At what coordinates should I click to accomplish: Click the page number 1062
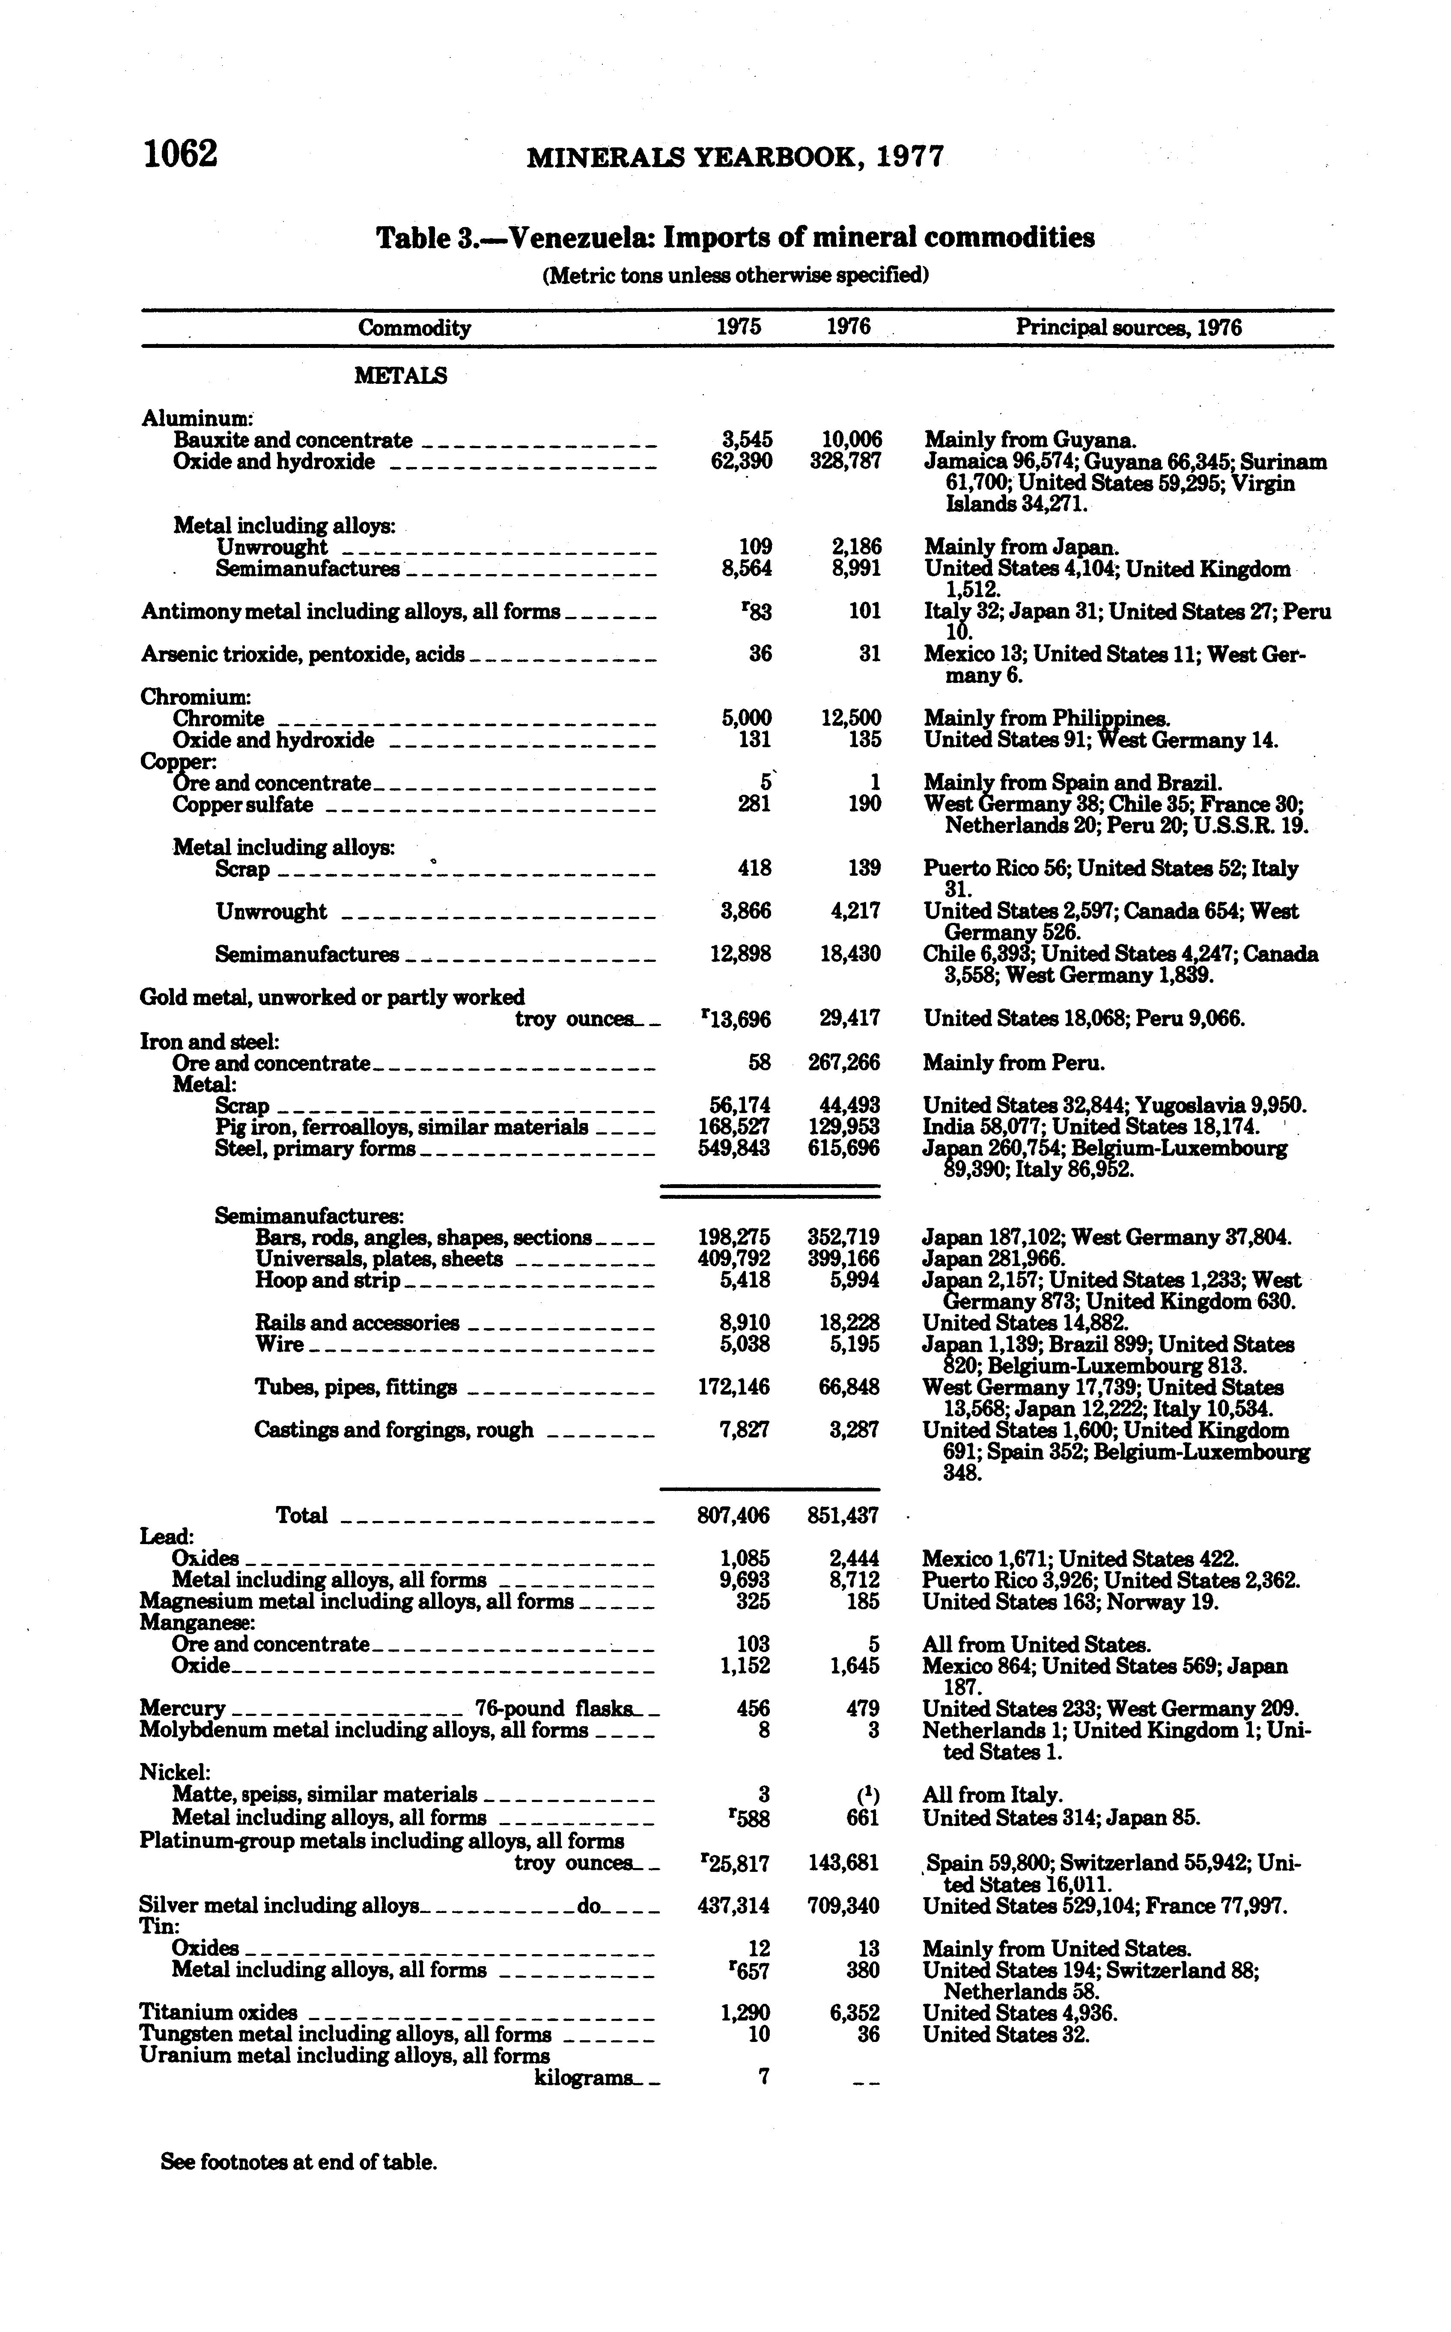180,154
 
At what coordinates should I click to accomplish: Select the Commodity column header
414,328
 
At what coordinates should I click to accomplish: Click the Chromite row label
219,718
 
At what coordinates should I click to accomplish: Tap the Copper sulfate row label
243,805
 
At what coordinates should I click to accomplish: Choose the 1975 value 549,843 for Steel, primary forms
734,1148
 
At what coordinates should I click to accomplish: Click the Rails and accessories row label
357,1323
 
